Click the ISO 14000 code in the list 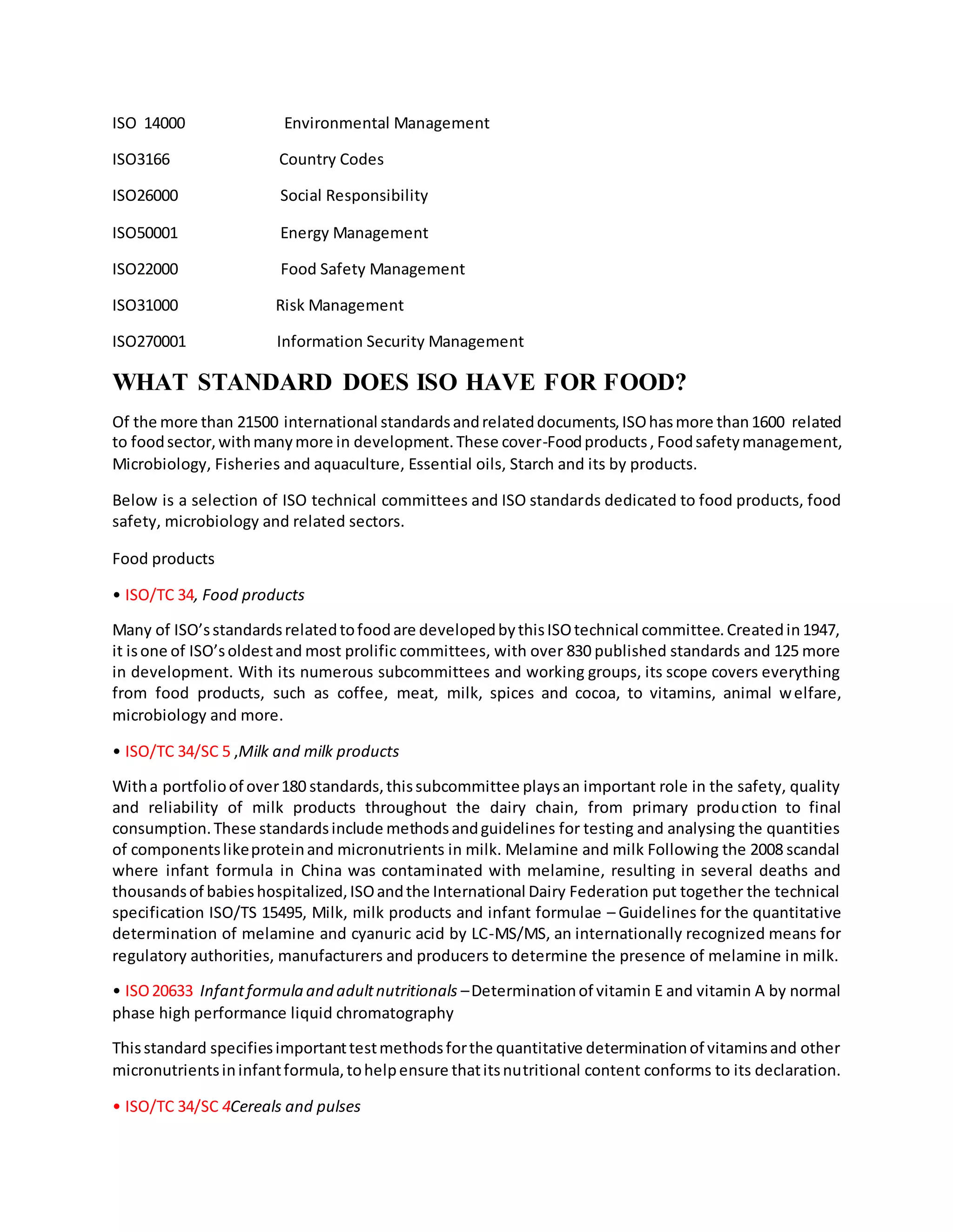(x=148, y=123)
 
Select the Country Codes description (x=331, y=159)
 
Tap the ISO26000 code (x=145, y=196)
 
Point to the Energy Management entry (x=354, y=233)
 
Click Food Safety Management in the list (x=373, y=269)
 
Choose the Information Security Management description (x=400, y=341)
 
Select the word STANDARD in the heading (x=264, y=383)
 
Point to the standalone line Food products (x=163, y=558)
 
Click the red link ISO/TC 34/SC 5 (x=177, y=751)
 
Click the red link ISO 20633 (x=159, y=991)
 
